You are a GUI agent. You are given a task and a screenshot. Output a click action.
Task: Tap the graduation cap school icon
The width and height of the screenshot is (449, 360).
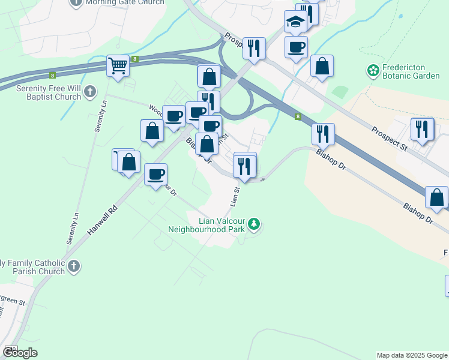[295, 22]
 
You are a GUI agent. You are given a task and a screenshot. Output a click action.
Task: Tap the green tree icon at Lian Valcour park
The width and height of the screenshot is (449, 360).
[255, 224]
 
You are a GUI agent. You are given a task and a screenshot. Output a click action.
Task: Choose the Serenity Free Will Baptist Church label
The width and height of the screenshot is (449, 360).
[41, 92]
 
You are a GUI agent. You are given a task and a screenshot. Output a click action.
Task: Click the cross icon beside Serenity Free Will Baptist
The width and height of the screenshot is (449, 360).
[89, 92]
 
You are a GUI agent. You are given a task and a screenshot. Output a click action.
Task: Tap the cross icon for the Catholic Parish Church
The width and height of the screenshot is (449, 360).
[73, 266]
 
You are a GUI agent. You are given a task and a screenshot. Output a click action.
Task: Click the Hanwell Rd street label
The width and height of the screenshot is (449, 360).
[103, 221]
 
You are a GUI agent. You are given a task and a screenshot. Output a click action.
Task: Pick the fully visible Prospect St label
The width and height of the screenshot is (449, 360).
[389, 139]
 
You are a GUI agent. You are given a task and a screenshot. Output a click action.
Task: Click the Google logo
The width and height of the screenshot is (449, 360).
[20, 353]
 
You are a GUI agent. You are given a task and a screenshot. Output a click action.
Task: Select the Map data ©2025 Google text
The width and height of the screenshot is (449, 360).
[412, 355]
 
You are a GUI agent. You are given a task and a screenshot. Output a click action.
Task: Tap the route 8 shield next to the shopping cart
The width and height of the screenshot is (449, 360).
[136, 59]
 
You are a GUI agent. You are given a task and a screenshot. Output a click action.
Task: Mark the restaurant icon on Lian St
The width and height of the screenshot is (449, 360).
[244, 165]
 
